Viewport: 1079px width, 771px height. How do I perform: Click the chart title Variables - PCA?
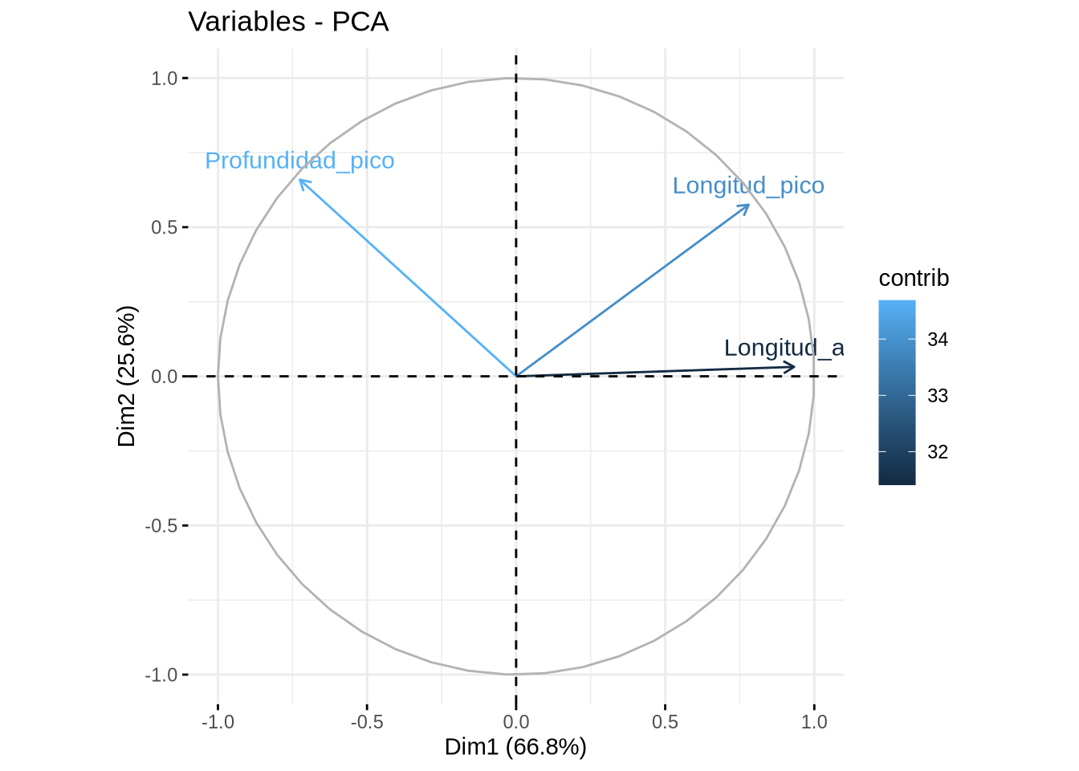pos(288,22)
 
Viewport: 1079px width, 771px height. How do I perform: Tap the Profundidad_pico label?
pos(299,161)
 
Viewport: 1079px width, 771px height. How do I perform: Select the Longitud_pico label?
pos(748,186)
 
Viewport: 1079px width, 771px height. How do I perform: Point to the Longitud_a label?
pos(784,348)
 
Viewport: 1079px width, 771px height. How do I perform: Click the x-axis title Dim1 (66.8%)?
pos(515,747)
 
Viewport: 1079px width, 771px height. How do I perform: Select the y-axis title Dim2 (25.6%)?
pos(127,376)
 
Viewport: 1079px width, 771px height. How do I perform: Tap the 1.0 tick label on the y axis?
pos(164,79)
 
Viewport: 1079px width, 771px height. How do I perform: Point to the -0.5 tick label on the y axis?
pos(161,526)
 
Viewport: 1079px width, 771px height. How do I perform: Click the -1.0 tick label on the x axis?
pos(218,722)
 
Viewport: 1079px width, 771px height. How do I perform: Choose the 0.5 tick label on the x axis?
pos(665,722)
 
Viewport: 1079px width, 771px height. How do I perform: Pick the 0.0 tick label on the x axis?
pos(515,722)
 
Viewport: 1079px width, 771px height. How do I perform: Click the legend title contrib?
pos(914,278)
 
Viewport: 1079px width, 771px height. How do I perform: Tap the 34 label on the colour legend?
pos(937,340)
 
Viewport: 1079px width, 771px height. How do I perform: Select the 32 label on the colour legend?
pos(937,452)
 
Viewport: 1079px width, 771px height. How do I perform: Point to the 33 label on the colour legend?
pos(937,396)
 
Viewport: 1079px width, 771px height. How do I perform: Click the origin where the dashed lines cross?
pos(515,376)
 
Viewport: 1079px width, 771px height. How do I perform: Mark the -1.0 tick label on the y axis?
pos(161,675)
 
